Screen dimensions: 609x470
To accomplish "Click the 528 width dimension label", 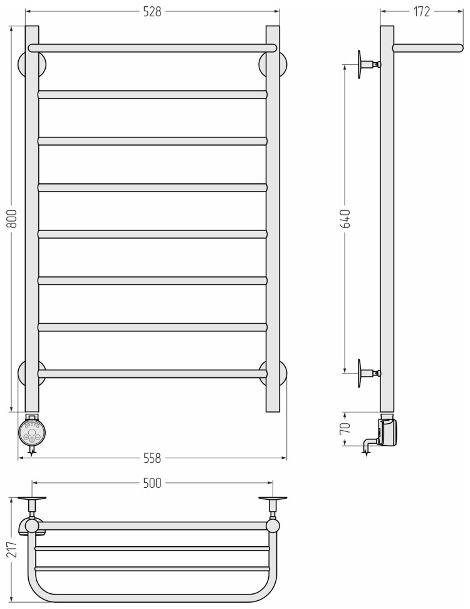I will click(x=153, y=12).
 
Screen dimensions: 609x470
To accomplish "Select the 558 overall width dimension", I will click(x=152, y=458).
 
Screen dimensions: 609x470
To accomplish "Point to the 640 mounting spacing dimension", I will click(x=345, y=218).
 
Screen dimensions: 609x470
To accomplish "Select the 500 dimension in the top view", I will click(x=152, y=483).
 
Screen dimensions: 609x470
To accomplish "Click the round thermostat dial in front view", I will click(x=32, y=432).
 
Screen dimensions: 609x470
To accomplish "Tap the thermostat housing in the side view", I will click(x=388, y=433).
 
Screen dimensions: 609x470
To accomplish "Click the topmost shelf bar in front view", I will click(x=152, y=48).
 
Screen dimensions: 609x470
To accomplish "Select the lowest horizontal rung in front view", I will click(x=152, y=374).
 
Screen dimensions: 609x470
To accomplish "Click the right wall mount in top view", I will click(x=273, y=502).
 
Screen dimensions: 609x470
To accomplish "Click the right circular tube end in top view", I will click(x=273, y=525).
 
